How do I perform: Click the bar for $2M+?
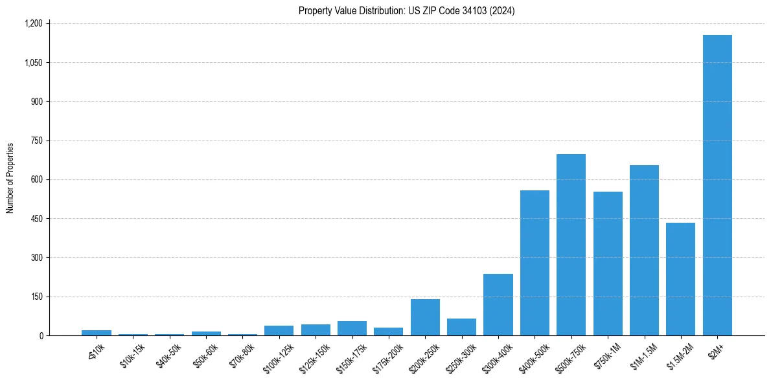click(x=717, y=185)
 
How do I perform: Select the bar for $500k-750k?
click(x=571, y=245)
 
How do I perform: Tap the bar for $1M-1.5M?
click(x=644, y=251)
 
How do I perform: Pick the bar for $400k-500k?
click(x=535, y=263)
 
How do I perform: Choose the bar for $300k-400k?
click(x=498, y=305)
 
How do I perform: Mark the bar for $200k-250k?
click(x=425, y=317)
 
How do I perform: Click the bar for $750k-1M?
click(x=608, y=264)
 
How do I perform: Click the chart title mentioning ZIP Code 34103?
click(x=407, y=11)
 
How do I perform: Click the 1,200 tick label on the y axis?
click(x=33, y=23)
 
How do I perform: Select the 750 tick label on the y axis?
click(x=36, y=140)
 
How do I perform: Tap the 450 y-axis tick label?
click(x=36, y=219)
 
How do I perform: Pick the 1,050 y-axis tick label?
click(x=33, y=63)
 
